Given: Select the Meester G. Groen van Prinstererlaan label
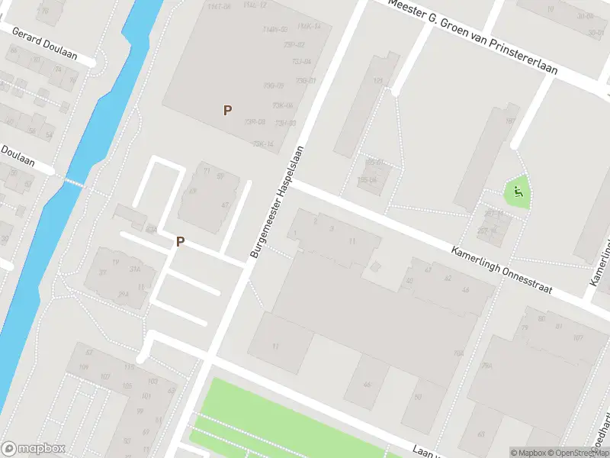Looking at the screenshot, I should tap(474, 37).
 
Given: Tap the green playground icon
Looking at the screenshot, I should tap(518, 192).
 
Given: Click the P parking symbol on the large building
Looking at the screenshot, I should tap(227, 110).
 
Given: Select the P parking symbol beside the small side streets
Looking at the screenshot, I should tap(181, 241).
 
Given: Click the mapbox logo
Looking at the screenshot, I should tap(34, 448).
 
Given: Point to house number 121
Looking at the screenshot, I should tap(377, 81).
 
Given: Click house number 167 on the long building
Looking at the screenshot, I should tap(509, 121).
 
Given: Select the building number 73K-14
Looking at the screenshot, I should tap(262, 144).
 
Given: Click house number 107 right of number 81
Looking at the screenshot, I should tap(577, 337).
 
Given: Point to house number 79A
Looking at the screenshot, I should tap(487, 366).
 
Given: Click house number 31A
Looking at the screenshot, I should tap(134, 268).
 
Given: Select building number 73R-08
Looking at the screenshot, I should tap(255, 121).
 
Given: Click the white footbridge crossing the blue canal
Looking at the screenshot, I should tap(73, 182).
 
